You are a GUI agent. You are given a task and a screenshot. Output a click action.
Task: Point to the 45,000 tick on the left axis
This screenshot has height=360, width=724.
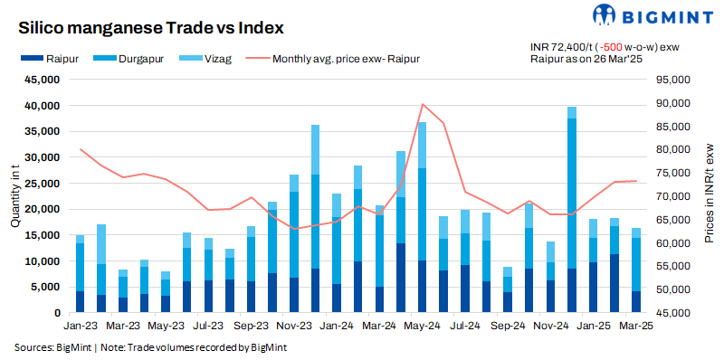(41, 80)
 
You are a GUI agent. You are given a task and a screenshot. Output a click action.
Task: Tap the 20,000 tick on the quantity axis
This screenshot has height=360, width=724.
(41, 209)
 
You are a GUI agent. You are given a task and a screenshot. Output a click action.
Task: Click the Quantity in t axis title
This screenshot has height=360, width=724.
(14, 196)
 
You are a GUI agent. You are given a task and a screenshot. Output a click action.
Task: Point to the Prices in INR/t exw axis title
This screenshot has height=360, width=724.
(710, 196)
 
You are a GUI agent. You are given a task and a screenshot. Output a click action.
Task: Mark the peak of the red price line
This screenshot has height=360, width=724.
(422, 104)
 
